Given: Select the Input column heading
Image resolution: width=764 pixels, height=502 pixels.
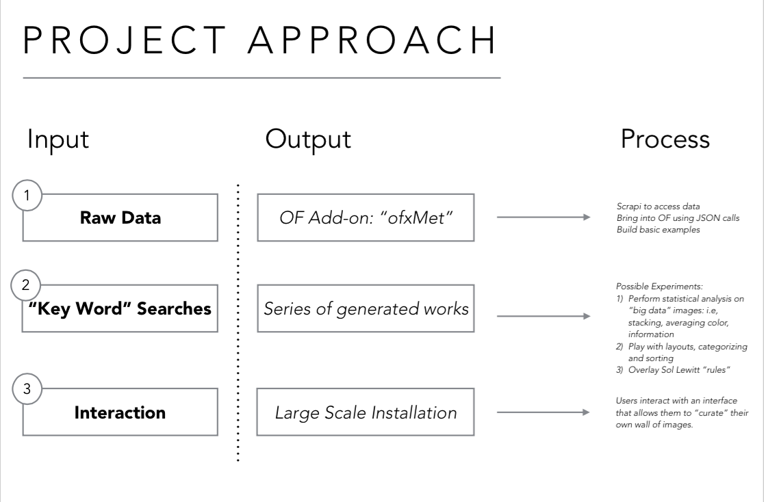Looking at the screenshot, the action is (58, 140).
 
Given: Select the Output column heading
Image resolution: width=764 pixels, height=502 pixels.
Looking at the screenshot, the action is (308, 140).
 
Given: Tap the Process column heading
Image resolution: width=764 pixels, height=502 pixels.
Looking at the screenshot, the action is (665, 140).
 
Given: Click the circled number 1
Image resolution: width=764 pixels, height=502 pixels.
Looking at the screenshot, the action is (27, 195).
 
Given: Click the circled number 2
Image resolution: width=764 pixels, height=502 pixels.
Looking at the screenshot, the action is (26, 285).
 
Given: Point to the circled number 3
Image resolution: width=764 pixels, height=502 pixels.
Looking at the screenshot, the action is (27, 388).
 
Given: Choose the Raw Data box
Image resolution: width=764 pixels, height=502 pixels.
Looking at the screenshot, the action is (120, 217).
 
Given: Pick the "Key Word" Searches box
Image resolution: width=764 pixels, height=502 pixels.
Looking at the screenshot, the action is (120, 308).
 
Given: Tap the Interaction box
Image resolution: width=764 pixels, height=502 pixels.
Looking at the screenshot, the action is (120, 412).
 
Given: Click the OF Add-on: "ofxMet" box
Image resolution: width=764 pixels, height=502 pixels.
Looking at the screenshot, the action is (366, 217).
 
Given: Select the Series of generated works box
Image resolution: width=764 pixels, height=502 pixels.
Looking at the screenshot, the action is (366, 308).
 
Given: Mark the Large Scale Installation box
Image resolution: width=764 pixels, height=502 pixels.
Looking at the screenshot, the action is (366, 412).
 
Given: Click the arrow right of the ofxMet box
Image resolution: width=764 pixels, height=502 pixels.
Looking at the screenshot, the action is (544, 217).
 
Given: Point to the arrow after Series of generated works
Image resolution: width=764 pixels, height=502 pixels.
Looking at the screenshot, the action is (544, 316).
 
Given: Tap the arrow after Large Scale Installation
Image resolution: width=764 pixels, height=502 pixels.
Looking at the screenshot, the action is (544, 412).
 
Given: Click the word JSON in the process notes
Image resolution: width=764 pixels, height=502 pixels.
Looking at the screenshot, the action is (709, 218).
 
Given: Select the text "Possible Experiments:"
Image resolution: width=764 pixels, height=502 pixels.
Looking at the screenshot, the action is (659, 287).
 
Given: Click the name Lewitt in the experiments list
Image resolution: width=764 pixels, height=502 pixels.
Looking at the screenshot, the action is (689, 370).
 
